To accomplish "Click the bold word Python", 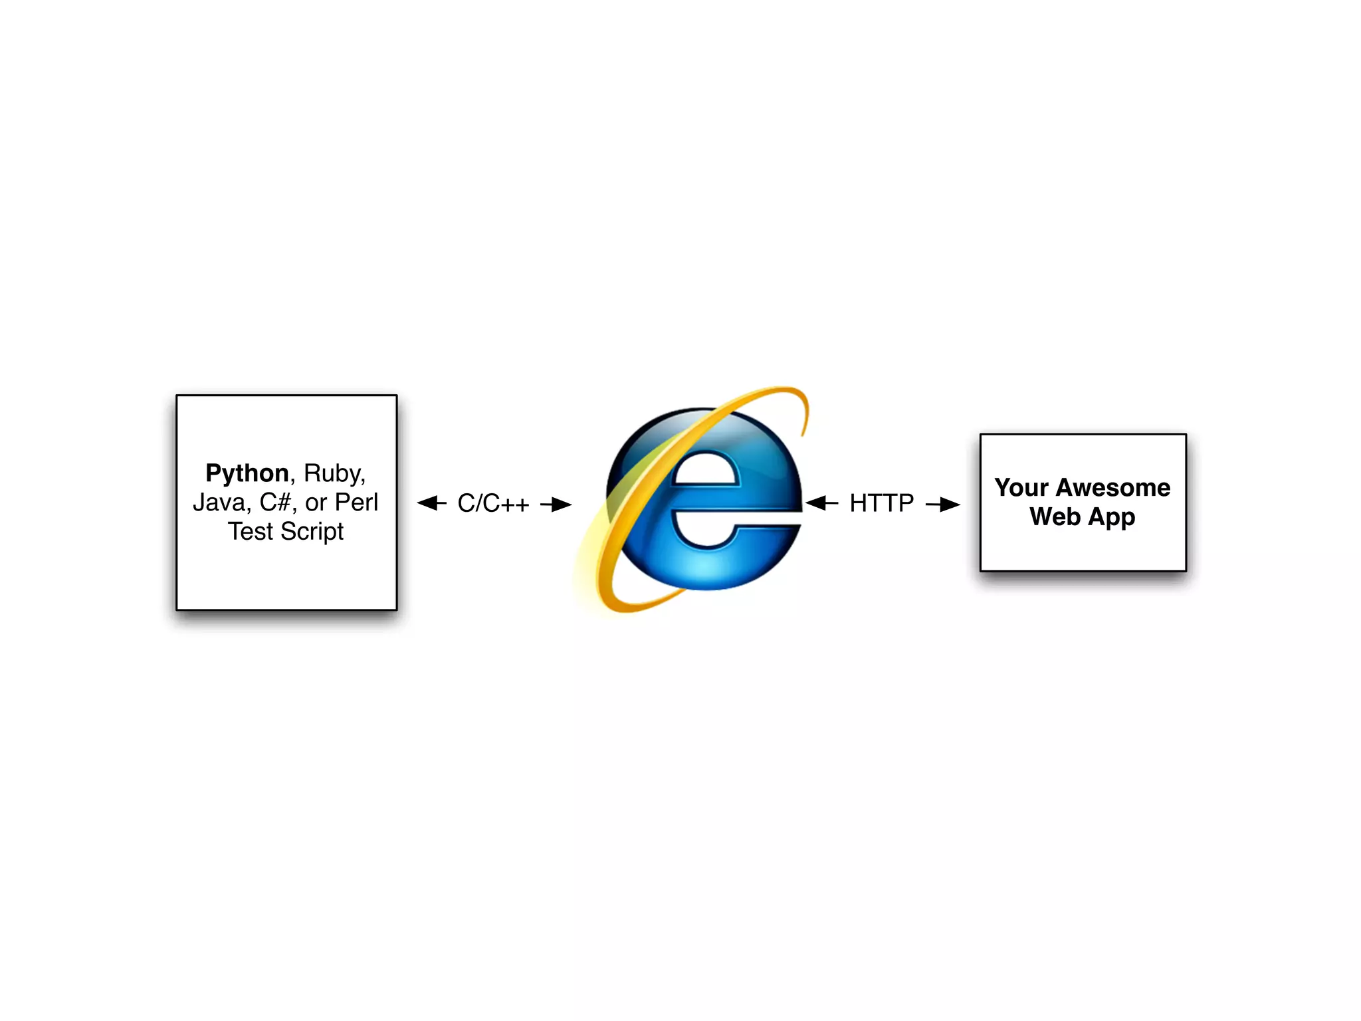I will (247, 474).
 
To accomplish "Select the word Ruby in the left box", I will (334, 474).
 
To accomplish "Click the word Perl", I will (356, 503).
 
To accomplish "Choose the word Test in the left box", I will (251, 532).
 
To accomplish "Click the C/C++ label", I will (493, 504).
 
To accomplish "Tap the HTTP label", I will (882, 504).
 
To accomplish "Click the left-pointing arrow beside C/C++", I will (431, 503).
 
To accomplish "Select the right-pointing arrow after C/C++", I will (556, 505).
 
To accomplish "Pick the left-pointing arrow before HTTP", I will (821, 503).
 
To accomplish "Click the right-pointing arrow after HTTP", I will (943, 505).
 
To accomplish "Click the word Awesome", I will (1113, 488).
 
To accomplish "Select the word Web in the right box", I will (1055, 516).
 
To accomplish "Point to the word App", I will (1112, 518).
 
